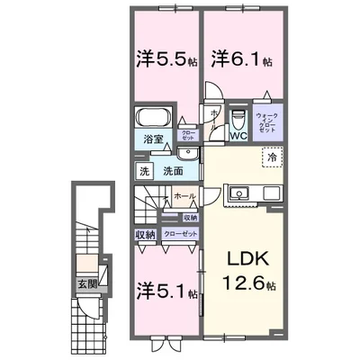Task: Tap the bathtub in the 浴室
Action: pyautogui.click(x=153, y=119)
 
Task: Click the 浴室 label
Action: pyautogui.click(x=151, y=139)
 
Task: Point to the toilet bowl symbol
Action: pyautogui.click(x=238, y=119)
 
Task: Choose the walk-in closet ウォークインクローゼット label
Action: pyautogui.click(x=265, y=122)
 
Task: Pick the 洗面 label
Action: pyautogui.click(x=174, y=171)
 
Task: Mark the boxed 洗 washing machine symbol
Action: pyautogui.click(x=144, y=171)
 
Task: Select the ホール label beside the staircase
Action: pyautogui.click(x=184, y=195)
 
